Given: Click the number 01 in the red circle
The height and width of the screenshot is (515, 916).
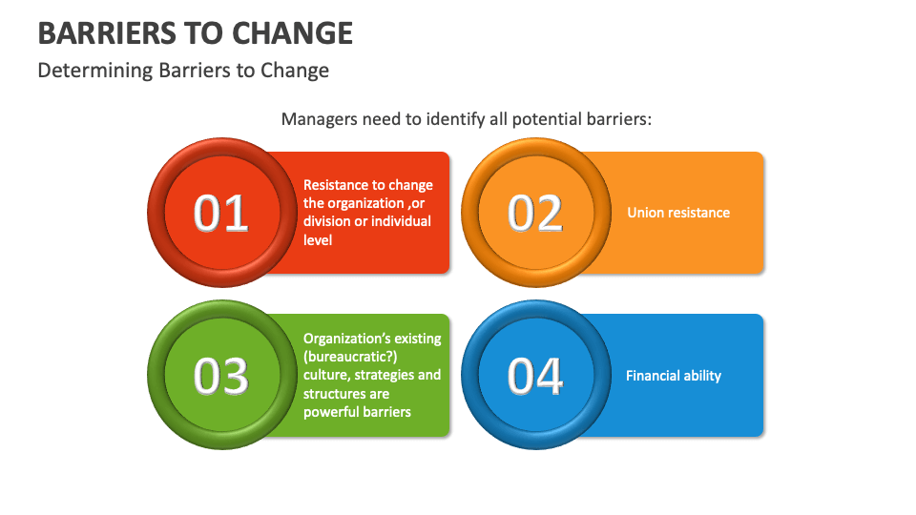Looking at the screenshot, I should pyautogui.click(x=221, y=214).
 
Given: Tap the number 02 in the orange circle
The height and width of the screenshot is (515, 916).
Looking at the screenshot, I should pyautogui.click(x=535, y=214).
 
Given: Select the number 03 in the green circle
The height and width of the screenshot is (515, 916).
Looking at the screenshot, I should pyautogui.click(x=221, y=376).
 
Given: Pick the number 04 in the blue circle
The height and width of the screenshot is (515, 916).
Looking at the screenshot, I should pyautogui.click(x=535, y=376).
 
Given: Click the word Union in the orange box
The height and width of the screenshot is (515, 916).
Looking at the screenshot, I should pyautogui.click(x=645, y=213).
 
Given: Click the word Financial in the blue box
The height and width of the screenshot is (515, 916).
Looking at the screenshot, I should pyautogui.click(x=654, y=376).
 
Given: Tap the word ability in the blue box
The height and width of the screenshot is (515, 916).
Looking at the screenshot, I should pyautogui.click(x=703, y=376).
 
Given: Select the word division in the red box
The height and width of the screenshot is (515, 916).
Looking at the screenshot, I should pyautogui.click(x=327, y=221).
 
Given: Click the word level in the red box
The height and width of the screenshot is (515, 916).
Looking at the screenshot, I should pyautogui.click(x=318, y=240).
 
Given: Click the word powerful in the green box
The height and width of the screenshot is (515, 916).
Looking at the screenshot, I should pyautogui.click(x=329, y=412).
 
